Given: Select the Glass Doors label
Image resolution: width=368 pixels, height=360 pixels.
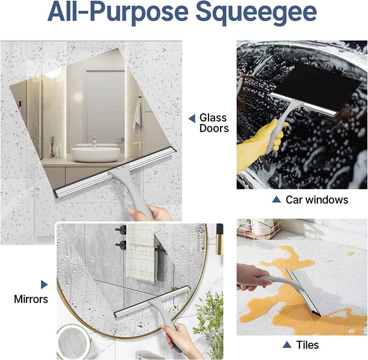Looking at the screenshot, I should click(x=213, y=123).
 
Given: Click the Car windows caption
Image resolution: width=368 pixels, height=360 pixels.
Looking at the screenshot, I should click(x=316, y=200).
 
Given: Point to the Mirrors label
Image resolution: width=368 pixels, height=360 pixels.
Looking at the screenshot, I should click(x=31, y=299).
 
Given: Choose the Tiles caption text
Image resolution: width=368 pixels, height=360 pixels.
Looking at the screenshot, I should click(x=307, y=345).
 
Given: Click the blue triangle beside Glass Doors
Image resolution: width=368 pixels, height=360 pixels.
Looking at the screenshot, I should click(x=192, y=118).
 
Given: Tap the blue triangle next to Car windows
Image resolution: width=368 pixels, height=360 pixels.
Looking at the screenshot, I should click(x=276, y=200).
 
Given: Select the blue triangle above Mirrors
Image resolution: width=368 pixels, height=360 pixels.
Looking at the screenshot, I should click(x=44, y=284).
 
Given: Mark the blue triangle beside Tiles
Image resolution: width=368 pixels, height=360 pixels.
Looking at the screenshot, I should click(x=287, y=345).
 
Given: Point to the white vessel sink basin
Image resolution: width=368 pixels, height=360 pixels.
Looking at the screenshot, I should click(x=95, y=154).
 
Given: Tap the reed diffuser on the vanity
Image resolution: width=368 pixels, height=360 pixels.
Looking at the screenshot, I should click(x=52, y=147).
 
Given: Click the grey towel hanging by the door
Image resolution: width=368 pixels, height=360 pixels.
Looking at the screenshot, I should click(x=137, y=117).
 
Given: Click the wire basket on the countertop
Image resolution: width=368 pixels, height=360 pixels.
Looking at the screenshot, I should click(x=259, y=228).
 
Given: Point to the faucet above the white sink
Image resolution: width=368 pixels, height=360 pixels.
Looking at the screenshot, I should click(x=95, y=140).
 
